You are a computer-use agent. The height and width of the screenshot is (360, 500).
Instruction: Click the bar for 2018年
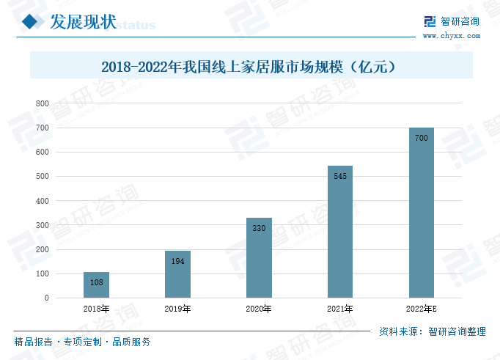pyautogui.click(x=96, y=285)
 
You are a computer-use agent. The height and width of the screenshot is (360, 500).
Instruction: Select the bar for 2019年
pyautogui.click(x=177, y=274)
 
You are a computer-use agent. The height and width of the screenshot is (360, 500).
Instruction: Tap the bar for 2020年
pyautogui.click(x=259, y=258)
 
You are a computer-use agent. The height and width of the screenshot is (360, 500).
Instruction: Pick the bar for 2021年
pyautogui.click(x=340, y=232)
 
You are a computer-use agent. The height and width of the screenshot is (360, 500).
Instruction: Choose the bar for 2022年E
pyautogui.click(x=422, y=213)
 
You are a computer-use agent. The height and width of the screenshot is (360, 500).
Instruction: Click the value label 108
pyautogui.click(x=96, y=282)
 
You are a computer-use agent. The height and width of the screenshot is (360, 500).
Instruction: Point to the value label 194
pyautogui.click(x=177, y=261)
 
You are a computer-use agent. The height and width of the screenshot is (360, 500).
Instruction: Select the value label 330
pyautogui.click(x=259, y=228)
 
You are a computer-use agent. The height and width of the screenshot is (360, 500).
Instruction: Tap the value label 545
pyautogui.click(x=340, y=176)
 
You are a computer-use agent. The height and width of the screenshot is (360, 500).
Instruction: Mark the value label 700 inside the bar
pyautogui.click(x=422, y=138)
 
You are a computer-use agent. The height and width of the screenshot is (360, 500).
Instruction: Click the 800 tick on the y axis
pyautogui.click(x=42, y=104)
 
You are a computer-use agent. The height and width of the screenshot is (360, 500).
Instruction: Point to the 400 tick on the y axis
pyautogui.click(x=42, y=201)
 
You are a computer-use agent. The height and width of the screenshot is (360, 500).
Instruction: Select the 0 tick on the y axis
pyautogui.click(x=46, y=298)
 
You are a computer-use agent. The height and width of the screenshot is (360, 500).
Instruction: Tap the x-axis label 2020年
pyautogui.click(x=259, y=309)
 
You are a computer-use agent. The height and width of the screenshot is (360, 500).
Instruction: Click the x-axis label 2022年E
pyautogui.click(x=422, y=309)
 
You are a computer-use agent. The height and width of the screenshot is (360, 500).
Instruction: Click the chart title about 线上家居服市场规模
pyautogui.click(x=250, y=66)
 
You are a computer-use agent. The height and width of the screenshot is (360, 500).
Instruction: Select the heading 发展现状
pyautogui.click(x=82, y=23)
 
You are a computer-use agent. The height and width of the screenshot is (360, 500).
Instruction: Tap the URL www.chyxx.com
pyautogui.click(x=450, y=35)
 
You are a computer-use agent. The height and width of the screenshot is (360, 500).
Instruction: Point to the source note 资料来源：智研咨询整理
pyautogui.click(x=433, y=331)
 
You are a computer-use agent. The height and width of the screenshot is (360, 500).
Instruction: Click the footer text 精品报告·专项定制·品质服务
pyautogui.click(x=83, y=342)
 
